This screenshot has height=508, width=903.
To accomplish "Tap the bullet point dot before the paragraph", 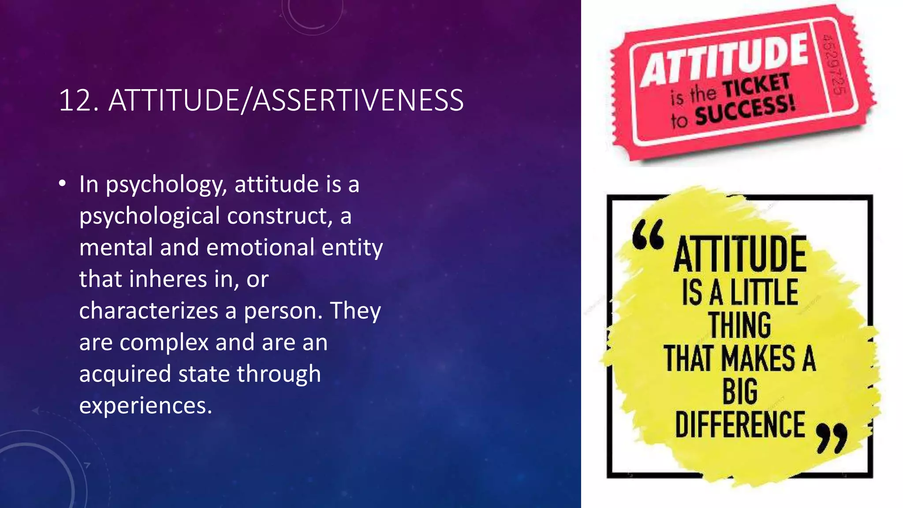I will [62, 183].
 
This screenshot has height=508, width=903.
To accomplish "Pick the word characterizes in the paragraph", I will [149, 311].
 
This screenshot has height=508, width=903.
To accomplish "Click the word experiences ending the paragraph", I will [146, 406].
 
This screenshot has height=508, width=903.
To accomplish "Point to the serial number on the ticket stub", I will [833, 63].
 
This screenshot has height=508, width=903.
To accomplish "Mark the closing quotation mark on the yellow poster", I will [832, 438].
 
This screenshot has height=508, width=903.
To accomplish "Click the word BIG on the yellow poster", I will [740, 391].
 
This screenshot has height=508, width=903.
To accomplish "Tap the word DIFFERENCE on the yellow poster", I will [740, 424].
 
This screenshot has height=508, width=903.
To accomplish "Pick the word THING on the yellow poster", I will [740, 325].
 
